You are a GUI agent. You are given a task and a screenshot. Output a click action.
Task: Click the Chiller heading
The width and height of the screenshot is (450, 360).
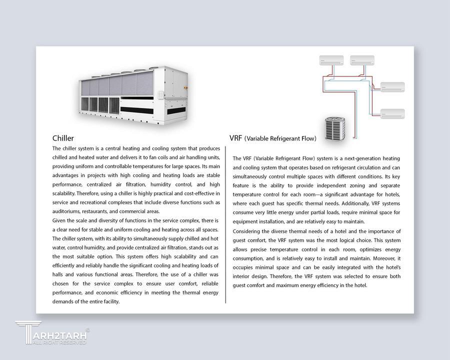coord(63,138)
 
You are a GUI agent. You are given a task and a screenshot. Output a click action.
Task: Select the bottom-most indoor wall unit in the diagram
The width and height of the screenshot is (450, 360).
coord(392,113)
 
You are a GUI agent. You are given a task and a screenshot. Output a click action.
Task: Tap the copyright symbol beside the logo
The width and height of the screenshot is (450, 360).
coord(87,330)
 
